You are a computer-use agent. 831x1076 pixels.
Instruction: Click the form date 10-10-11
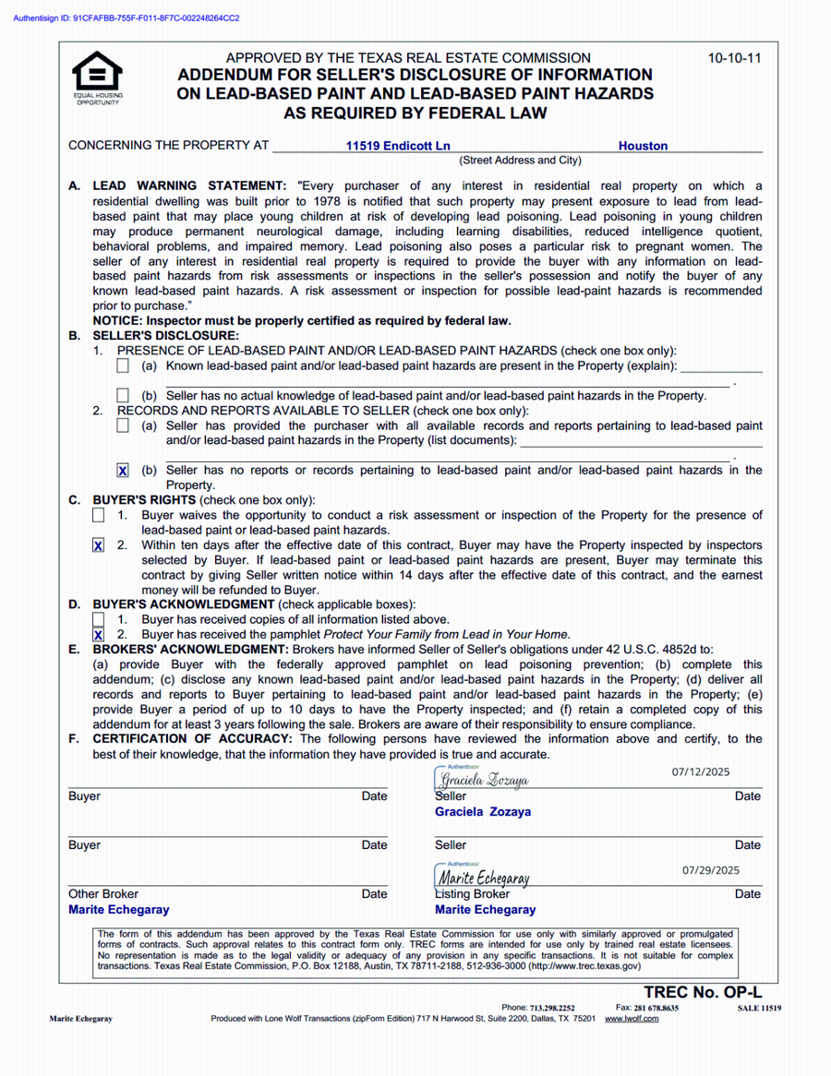[735, 58]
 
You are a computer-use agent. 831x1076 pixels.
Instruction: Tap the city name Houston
[643, 146]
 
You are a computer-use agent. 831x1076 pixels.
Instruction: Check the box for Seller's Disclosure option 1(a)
[124, 366]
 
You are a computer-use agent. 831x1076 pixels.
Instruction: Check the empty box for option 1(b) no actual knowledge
[124, 396]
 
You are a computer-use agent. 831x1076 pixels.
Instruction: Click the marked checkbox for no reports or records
[124, 471]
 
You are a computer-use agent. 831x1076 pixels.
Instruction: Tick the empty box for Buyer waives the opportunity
[99, 515]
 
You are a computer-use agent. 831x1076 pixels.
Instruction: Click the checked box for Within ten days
[99, 545]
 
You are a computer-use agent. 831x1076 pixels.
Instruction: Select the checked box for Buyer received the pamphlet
[99, 635]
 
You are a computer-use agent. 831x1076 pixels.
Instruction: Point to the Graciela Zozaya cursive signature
[484, 780]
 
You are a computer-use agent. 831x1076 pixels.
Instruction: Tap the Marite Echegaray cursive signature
[484, 878]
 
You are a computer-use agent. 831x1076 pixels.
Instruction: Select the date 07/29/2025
[711, 869]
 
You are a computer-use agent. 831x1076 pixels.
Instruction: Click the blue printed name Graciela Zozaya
[483, 812]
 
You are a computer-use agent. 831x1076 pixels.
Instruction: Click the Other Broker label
[103, 893]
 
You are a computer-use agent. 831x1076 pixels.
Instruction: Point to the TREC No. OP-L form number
[704, 992]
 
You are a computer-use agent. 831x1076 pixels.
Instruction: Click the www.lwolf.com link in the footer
[632, 1019]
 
